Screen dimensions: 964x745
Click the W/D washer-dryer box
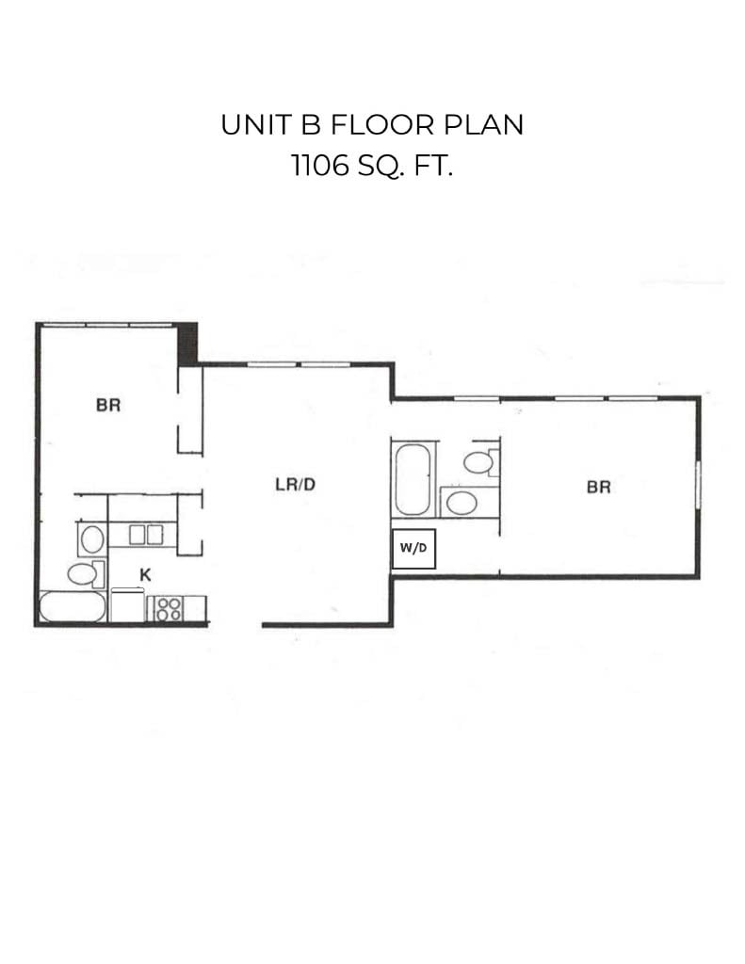pos(413,551)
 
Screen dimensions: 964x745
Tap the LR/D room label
pos(295,486)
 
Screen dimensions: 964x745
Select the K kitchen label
pos(146,572)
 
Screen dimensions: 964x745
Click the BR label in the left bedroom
pos(108,407)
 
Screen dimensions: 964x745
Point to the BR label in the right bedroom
pos(598,488)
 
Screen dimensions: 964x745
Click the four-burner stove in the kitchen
pos(169,607)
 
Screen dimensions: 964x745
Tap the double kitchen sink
pos(146,535)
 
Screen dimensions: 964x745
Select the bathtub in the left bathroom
pos(73,606)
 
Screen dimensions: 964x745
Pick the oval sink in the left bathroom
pos(91,539)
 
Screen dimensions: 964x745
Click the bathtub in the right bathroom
pos(413,480)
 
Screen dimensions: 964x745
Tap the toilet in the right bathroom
pos(479,462)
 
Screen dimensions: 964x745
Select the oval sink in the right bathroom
pos(460,502)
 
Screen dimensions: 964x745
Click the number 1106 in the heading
pos(318,168)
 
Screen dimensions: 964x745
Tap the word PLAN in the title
pos(486,125)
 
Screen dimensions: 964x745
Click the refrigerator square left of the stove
pos(127,605)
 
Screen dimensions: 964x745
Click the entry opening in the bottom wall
pos(235,624)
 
